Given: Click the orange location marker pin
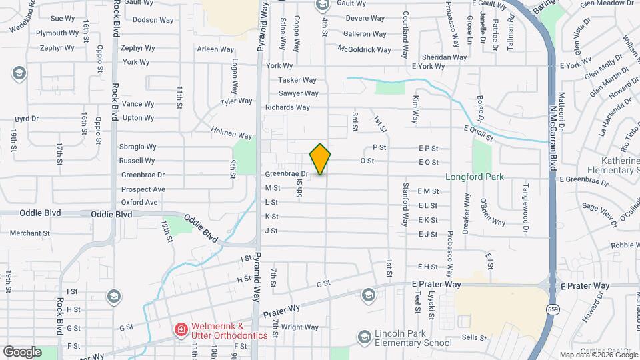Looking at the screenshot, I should [320, 159].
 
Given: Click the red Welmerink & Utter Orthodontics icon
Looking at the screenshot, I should [180, 330].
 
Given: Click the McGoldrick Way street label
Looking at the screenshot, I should [364, 49].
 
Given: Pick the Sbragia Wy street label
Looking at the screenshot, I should [137, 147].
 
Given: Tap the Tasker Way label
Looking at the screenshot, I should [297, 80].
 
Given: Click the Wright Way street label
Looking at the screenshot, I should [299, 327].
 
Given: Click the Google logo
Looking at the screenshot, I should [22, 351].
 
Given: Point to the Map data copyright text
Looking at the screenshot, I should [598, 355].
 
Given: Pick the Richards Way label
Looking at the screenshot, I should [287, 107].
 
